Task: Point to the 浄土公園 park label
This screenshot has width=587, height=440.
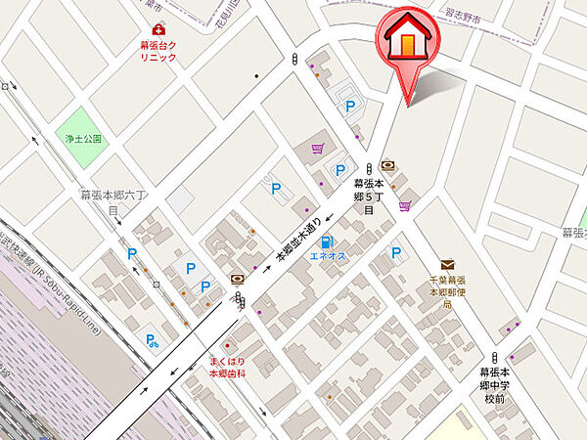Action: [x=79, y=140]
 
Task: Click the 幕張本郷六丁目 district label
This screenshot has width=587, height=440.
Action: [x=113, y=202]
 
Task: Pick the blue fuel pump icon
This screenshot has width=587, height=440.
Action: [x=326, y=241]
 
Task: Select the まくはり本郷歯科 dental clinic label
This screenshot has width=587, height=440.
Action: [x=227, y=369]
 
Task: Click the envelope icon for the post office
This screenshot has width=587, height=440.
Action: [x=447, y=264]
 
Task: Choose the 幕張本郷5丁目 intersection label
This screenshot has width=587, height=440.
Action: [x=369, y=196]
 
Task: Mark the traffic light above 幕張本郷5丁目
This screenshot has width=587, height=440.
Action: [x=369, y=167]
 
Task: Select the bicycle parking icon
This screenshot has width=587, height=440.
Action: [x=153, y=341]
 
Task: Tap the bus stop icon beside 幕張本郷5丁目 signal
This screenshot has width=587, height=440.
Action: [x=388, y=165]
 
